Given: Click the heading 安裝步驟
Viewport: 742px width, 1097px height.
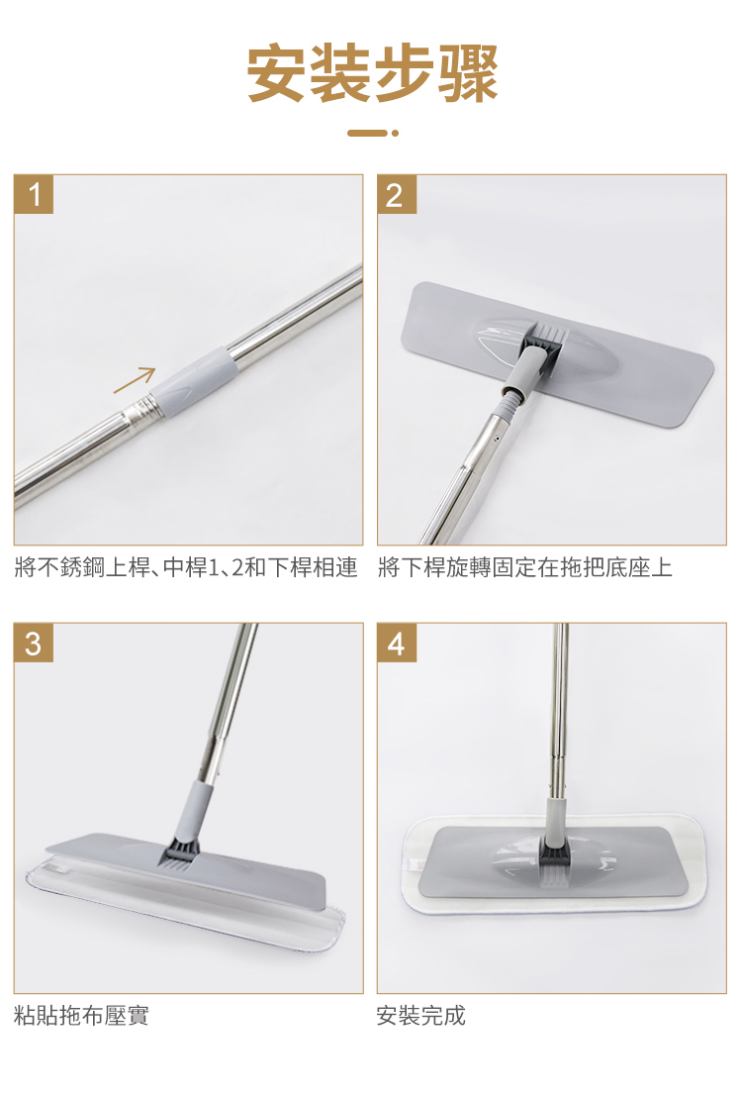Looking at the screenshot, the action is coord(371,72).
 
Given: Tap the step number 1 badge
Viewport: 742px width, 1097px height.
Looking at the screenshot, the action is coord(34,194).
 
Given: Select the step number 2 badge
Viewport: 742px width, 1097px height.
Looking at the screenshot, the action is coord(397,194).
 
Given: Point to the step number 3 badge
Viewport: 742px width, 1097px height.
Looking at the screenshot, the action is coord(34,643).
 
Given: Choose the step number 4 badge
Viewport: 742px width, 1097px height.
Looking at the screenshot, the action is coord(397,643).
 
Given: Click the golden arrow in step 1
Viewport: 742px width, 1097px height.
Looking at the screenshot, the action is coord(135,380).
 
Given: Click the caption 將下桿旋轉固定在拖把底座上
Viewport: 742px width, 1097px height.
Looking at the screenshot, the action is coord(524,566).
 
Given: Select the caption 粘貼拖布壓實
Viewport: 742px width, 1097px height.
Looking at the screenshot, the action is coord(81,1015).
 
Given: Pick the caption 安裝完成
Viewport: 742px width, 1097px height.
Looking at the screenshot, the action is coord(421,1015).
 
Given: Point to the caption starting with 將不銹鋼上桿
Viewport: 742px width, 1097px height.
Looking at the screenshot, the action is coord(186,566).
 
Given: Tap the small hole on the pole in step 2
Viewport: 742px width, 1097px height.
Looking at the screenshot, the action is coord(496,438).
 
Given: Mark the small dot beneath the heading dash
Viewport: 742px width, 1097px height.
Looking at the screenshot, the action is coord(395,133).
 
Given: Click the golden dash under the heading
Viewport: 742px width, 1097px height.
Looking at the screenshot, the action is coord(367,133).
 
